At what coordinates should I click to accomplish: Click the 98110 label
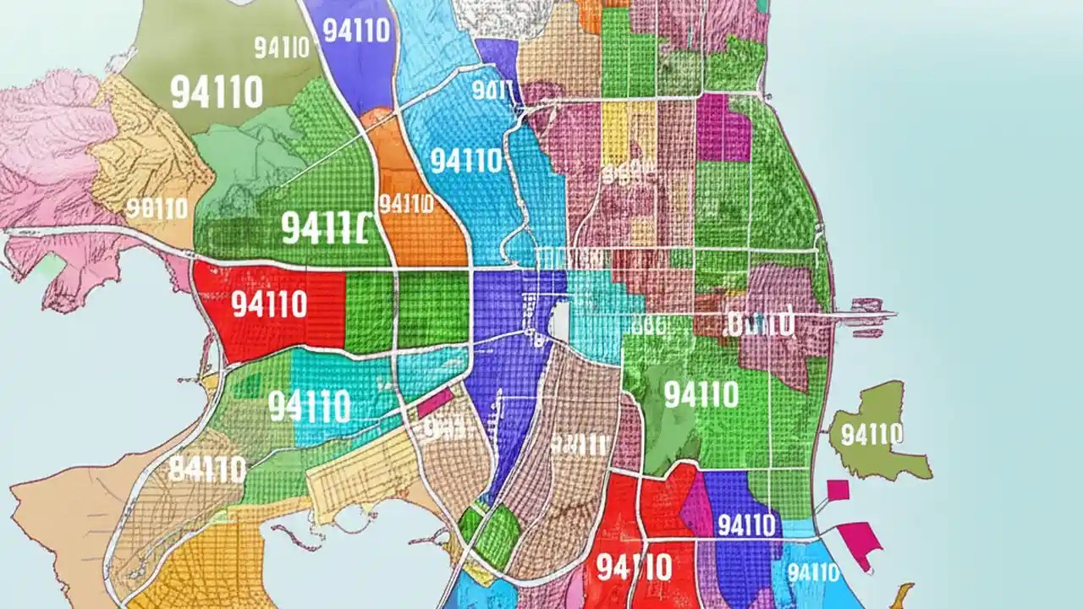click(x=156, y=208)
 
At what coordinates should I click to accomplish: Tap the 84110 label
click(x=206, y=469)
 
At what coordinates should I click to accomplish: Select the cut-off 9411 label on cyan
click(x=492, y=90)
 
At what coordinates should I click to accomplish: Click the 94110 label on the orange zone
click(x=406, y=204)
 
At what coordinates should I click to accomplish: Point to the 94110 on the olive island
click(x=871, y=435)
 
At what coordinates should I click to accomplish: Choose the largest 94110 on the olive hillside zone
click(x=217, y=91)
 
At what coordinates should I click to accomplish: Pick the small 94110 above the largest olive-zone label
click(x=282, y=47)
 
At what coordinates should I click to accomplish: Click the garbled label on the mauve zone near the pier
click(x=760, y=322)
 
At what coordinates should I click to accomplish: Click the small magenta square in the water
click(x=838, y=490)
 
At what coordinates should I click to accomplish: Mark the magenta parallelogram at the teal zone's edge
click(x=435, y=403)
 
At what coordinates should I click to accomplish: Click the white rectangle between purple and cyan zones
click(x=559, y=322)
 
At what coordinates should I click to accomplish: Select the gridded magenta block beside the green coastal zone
click(x=723, y=127)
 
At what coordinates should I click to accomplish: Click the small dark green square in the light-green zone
click(x=248, y=386)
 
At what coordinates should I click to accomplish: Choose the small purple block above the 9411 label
click(x=496, y=58)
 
